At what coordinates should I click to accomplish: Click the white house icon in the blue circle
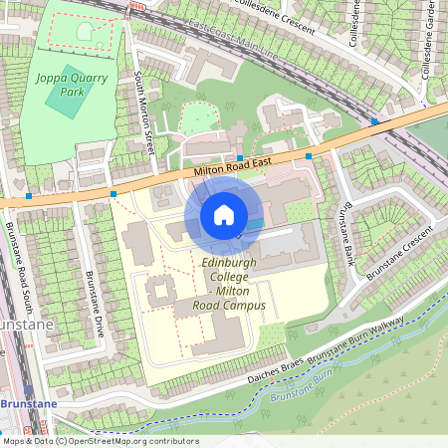[224, 214]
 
